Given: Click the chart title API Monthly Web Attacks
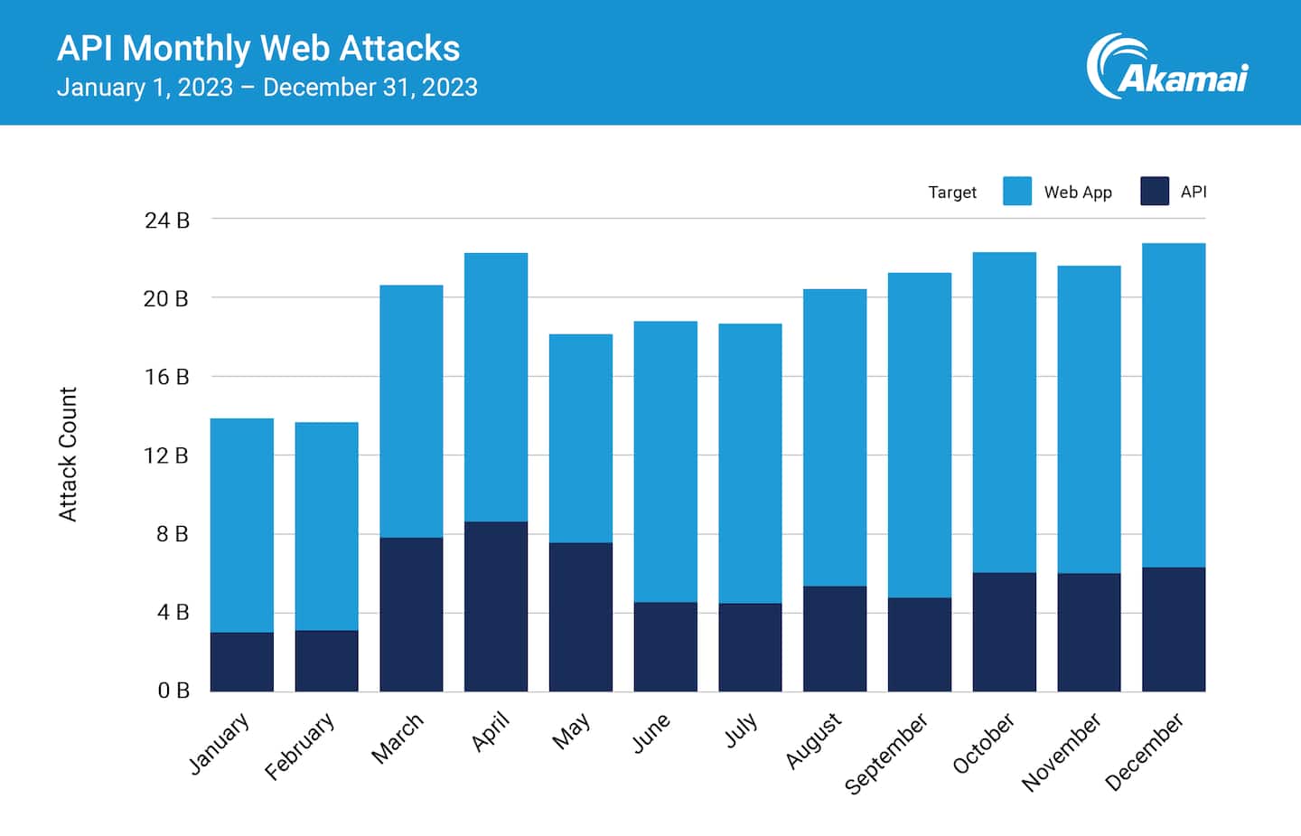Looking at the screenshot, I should [x=258, y=48].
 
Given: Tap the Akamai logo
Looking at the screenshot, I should [x=1167, y=67].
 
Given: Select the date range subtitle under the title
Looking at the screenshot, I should [x=267, y=88].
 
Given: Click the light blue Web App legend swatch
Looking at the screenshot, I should [x=1017, y=192].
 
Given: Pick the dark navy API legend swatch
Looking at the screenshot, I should [x=1155, y=192].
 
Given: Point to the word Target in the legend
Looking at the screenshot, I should [x=952, y=193].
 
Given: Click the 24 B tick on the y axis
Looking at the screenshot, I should [x=167, y=221].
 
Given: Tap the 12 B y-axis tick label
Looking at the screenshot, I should [x=166, y=456].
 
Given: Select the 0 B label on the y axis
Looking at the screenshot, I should [x=173, y=691].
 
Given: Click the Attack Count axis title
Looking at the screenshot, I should [x=69, y=454].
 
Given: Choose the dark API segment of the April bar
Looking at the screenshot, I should [x=496, y=606].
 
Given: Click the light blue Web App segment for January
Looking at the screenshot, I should [x=242, y=525].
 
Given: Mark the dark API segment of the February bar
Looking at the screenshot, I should [x=327, y=661].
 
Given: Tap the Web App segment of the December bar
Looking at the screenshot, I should [x=1174, y=405].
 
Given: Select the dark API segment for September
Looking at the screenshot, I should [x=920, y=644].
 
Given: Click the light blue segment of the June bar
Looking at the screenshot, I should [x=666, y=461].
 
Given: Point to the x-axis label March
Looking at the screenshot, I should [x=398, y=738].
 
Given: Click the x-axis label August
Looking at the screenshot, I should [x=813, y=741].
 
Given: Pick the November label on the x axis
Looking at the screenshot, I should [x=1062, y=752].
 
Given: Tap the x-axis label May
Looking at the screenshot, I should [x=572, y=731].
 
